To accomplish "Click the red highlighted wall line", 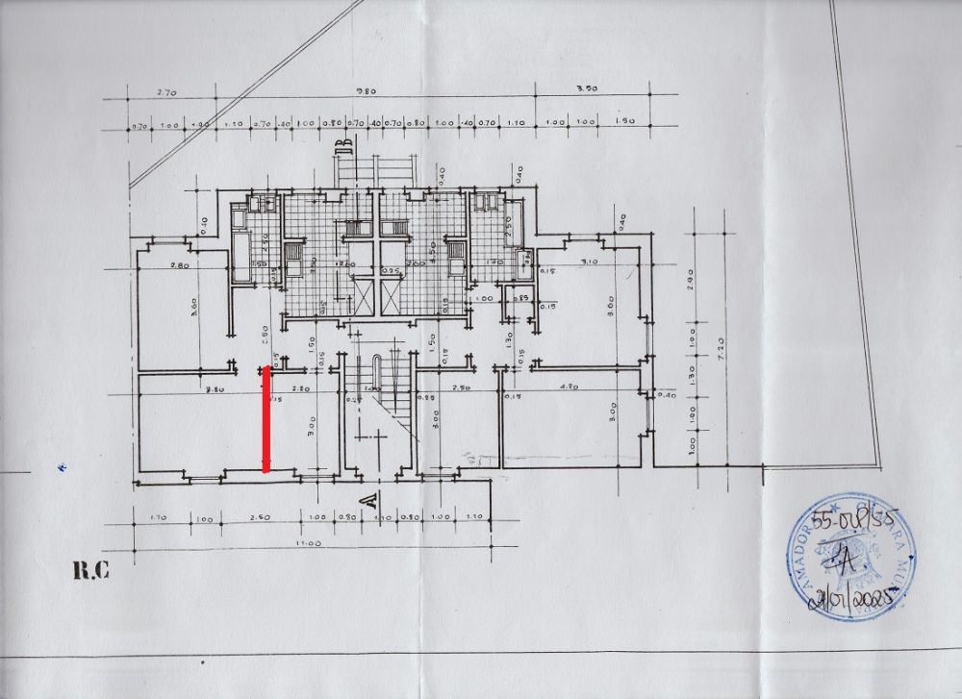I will (266, 419).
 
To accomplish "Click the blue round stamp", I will (849, 559).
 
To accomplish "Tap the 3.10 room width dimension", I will (591, 261).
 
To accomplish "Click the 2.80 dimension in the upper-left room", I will (177, 264).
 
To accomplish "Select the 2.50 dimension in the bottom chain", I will (258, 518).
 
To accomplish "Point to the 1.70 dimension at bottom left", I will (159, 518).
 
